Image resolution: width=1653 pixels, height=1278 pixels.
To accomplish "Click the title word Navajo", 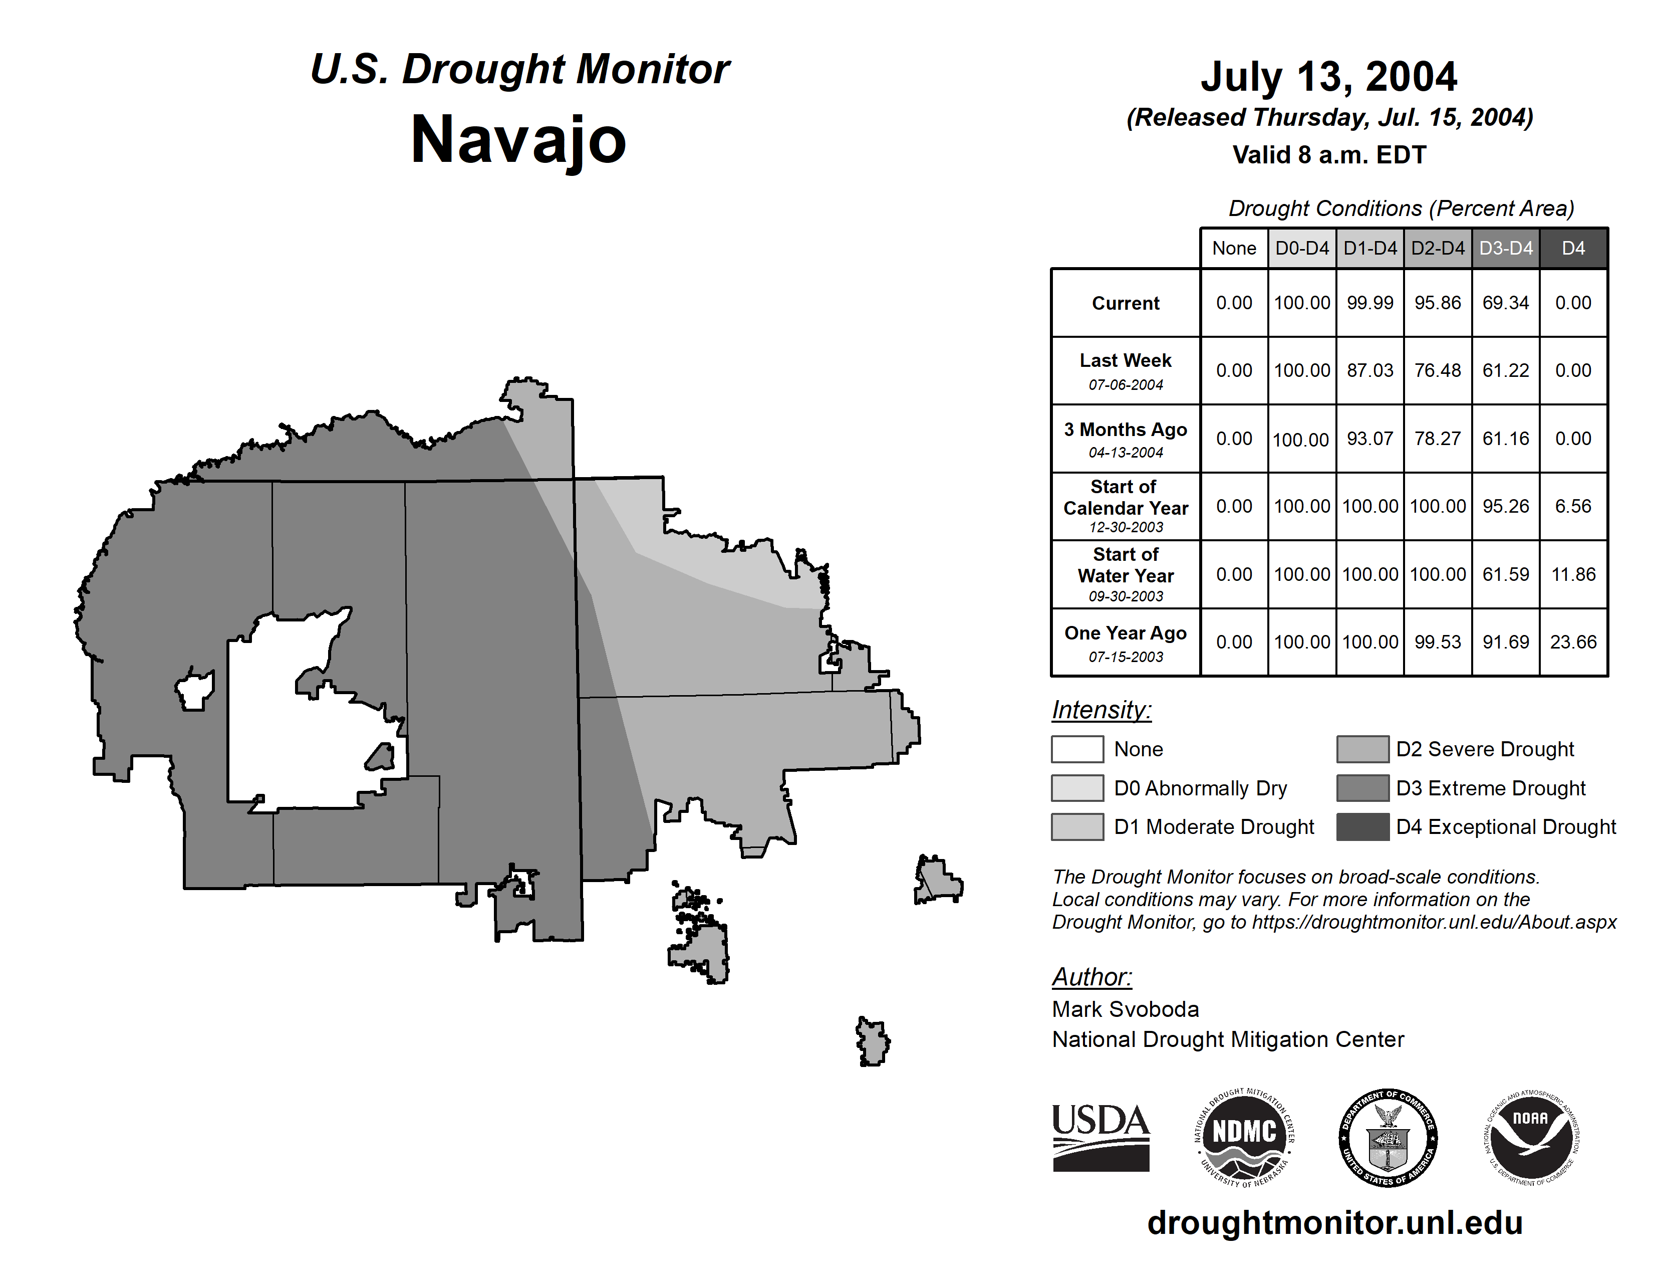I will (518, 140).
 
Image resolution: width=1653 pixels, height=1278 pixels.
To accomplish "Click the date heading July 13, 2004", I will (1328, 77).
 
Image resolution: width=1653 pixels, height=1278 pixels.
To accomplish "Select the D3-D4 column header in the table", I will (1505, 248).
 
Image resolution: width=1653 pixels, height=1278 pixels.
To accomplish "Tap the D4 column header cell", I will (1573, 248).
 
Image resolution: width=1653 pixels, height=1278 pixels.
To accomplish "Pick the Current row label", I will (1126, 303).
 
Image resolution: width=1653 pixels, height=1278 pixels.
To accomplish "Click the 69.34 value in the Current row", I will (1505, 303).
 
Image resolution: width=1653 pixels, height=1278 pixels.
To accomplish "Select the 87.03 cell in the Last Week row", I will (1370, 370).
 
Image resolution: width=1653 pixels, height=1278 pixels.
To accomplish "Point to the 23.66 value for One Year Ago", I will (1573, 642).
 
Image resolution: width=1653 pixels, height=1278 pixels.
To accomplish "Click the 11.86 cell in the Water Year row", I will (1573, 575).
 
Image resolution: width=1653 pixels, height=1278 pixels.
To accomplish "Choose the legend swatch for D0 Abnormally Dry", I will (1077, 788).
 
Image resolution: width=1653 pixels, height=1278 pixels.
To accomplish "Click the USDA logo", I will (1100, 1137).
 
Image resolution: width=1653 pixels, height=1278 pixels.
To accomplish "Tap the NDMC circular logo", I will (1244, 1137).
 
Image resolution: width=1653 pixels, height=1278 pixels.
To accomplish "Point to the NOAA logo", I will (1530, 1137).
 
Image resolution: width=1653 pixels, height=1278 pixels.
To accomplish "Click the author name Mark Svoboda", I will (1126, 1009).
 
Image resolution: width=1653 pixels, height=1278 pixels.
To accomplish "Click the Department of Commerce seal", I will (1388, 1137).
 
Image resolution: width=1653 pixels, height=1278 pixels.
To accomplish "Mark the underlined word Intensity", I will (1101, 710).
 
